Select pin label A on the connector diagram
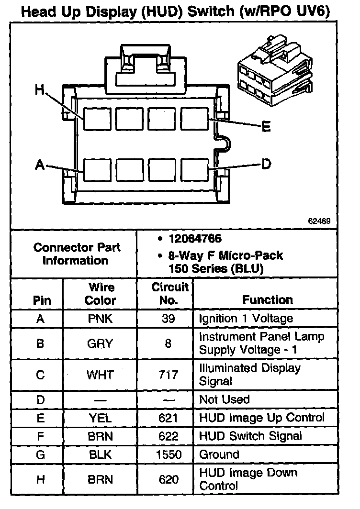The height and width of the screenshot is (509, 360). [40, 165]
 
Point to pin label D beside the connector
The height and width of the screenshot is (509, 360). [266, 164]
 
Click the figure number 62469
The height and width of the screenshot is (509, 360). [320, 221]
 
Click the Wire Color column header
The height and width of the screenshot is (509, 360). [101, 294]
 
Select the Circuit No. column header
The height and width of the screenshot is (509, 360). [170, 294]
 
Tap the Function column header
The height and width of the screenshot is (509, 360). [268, 300]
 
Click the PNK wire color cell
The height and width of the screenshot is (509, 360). [101, 319]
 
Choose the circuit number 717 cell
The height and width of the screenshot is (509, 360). [169, 375]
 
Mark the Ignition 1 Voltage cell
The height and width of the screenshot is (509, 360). [246, 319]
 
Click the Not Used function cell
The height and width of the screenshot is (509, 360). [225, 399]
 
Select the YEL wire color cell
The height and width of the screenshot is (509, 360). [101, 418]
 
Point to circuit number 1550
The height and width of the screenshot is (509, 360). [169, 454]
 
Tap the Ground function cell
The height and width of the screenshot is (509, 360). [219, 454]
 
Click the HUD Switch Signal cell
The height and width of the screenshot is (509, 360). [250, 436]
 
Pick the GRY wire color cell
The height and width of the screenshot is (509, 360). [101, 343]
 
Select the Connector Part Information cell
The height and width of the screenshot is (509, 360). [77, 254]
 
